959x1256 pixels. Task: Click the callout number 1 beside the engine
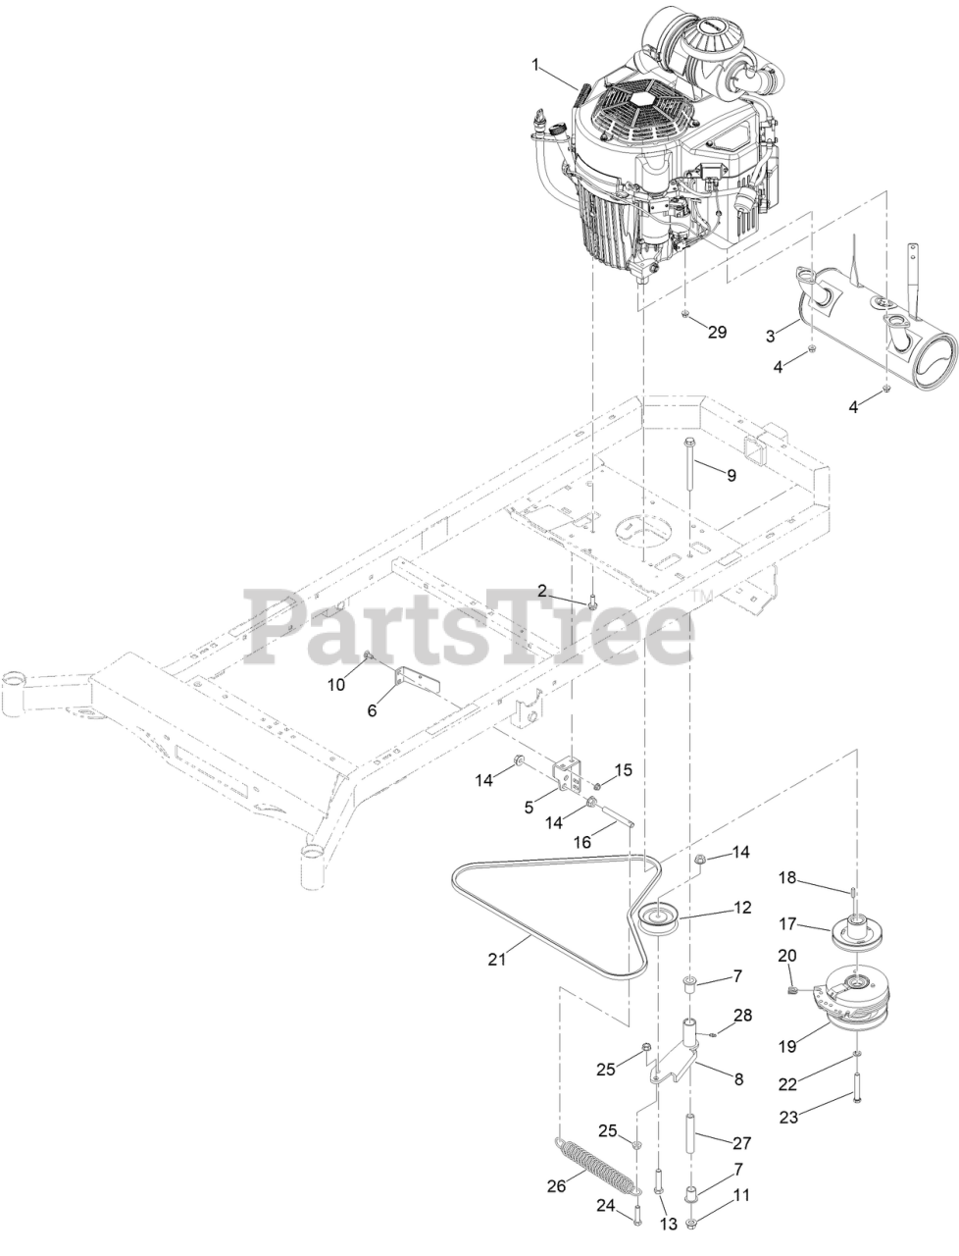[x=536, y=65]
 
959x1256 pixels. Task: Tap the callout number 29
[x=718, y=332]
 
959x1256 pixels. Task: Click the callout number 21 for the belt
[x=497, y=959]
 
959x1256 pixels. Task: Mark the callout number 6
[x=372, y=710]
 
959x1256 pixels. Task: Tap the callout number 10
[x=336, y=685]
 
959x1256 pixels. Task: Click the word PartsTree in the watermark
[x=471, y=633]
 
